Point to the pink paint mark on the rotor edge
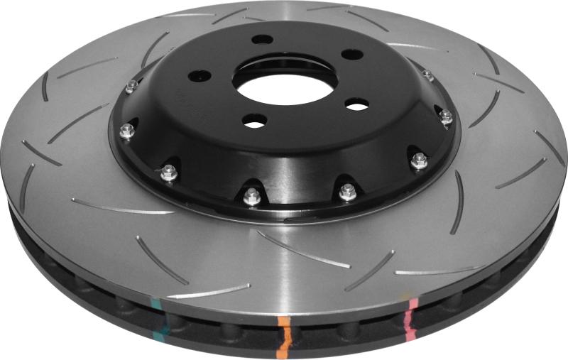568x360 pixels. coord(410,313)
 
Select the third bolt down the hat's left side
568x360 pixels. coord(168,171)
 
